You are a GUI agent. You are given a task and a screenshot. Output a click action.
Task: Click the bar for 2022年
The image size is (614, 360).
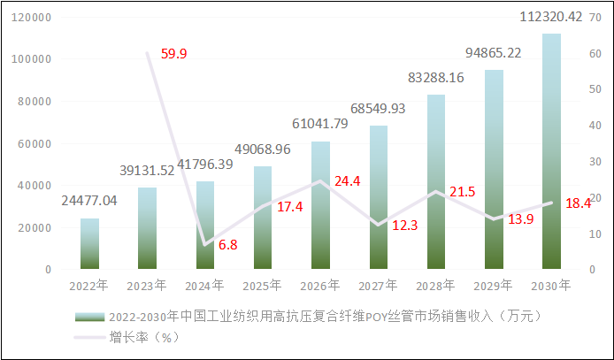tap(89, 243)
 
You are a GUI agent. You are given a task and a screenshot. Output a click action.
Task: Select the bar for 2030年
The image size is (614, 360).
tap(551, 151)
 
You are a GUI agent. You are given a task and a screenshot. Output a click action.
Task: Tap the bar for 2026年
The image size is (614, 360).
tap(320, 205)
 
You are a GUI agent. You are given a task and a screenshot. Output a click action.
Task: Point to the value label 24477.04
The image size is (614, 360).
tap(89, 201)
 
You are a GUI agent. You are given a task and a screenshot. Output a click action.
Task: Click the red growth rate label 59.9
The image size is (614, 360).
tap(173, 54)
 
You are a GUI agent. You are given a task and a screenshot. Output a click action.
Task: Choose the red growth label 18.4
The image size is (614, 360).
tap(577, 203)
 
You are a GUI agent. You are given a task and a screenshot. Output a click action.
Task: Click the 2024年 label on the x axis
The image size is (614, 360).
tap(204, 286)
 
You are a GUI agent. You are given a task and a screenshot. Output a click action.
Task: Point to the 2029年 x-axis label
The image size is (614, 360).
tap(494, 286)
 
